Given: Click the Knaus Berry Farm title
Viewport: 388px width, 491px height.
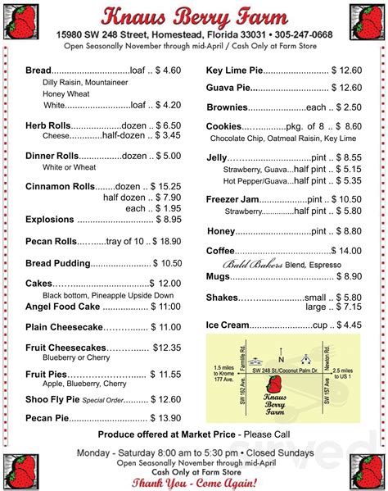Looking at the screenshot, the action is point(194,16).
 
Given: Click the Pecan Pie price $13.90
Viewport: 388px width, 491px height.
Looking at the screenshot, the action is point(164,417).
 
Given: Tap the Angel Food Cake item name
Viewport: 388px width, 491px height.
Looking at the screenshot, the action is point(63,306).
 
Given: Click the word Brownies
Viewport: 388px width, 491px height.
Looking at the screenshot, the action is point(226,107).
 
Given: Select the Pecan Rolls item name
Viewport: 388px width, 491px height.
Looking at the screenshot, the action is point(51,241).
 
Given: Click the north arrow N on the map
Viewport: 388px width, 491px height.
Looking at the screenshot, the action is point(280,359).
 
